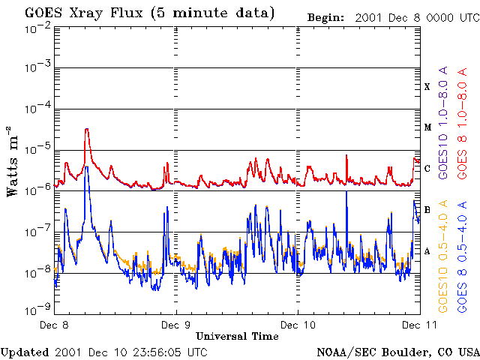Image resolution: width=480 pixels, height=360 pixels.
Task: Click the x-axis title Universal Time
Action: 237,336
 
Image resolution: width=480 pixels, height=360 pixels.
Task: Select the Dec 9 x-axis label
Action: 177,325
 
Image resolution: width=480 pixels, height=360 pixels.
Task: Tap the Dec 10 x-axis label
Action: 298,325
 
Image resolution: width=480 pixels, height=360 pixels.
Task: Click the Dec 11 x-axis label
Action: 417,325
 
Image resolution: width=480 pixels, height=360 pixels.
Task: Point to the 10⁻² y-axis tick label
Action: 37,28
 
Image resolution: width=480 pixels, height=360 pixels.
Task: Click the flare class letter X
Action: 427,87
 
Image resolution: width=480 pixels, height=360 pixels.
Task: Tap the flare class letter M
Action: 427,127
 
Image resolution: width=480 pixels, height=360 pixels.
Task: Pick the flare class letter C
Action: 427,169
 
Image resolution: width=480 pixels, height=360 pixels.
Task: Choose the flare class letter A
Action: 427,251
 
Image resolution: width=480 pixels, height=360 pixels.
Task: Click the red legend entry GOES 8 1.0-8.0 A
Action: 463,133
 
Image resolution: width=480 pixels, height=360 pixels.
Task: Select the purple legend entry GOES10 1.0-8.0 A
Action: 443,133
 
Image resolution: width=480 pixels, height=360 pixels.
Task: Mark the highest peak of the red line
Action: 87,129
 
